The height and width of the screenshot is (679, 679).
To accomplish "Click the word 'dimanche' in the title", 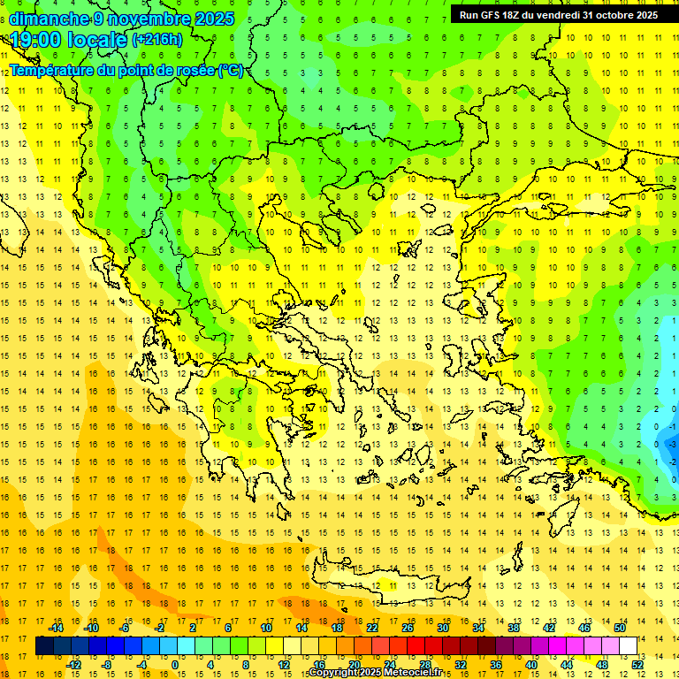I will tap(49, 19).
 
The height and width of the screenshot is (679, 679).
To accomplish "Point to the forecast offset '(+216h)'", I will tap(157, 40).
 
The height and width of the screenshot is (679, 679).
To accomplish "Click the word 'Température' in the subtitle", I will tap(53, 70).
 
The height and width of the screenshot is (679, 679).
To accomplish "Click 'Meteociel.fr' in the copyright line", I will tap(408, 673).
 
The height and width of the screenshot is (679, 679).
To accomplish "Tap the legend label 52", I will tap(637, 665).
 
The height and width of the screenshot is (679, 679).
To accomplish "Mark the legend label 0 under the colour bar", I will tap(174, 665).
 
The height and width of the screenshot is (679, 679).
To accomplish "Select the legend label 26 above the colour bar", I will tap(408, 628).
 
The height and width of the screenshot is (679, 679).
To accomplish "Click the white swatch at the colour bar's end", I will tap(628, 646).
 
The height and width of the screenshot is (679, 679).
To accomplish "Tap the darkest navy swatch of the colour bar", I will tap(44, 646).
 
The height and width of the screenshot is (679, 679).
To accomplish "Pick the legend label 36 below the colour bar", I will tap(496, 665).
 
